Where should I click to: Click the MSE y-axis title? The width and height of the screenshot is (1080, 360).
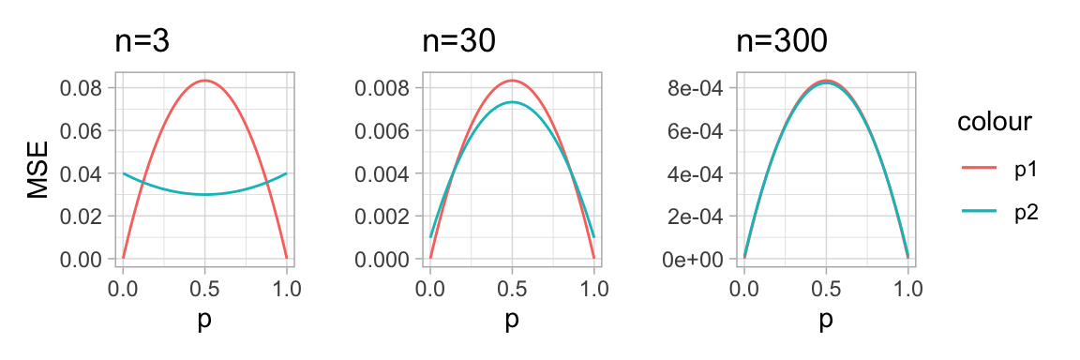(x=37, y=173)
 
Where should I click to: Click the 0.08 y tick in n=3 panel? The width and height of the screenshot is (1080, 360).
(x=81, y=88)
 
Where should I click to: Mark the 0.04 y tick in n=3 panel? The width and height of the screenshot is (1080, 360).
(x=81, y=173)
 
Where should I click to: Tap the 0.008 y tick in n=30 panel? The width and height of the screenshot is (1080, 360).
(x=383, y=88)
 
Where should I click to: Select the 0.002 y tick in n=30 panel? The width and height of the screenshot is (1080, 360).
(x=383, y=216)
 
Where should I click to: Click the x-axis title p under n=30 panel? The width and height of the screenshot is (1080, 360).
(x=512, y=320)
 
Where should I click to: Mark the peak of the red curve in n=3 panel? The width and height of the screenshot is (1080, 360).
(x=204, y=81)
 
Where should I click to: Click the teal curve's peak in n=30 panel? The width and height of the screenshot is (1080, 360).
(x=512, y=102)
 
